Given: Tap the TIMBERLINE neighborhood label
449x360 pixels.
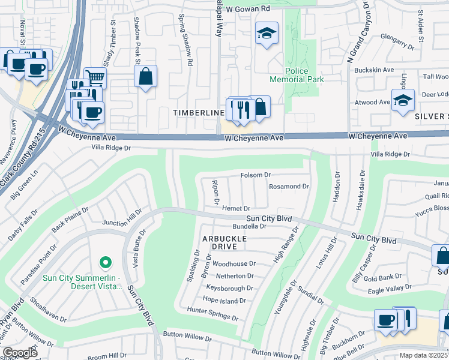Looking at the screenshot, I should click(194, 112).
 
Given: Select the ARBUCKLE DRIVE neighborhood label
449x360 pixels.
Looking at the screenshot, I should click(228, 242).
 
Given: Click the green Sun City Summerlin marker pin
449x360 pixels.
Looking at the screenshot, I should click(105, 262).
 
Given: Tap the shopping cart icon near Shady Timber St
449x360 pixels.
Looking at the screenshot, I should click(95, 77).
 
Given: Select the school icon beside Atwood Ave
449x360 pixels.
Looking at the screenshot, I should click(403, 100).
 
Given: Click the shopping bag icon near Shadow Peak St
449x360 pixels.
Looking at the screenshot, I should click(145, 76).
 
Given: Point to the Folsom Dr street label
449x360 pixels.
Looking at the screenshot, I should click(256, 175).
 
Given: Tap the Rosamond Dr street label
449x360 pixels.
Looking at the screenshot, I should click(289, 187).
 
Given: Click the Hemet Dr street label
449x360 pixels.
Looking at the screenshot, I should click(236, 208).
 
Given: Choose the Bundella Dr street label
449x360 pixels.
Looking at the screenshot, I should click(249, 227).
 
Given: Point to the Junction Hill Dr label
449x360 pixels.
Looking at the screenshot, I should click(122, 218).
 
